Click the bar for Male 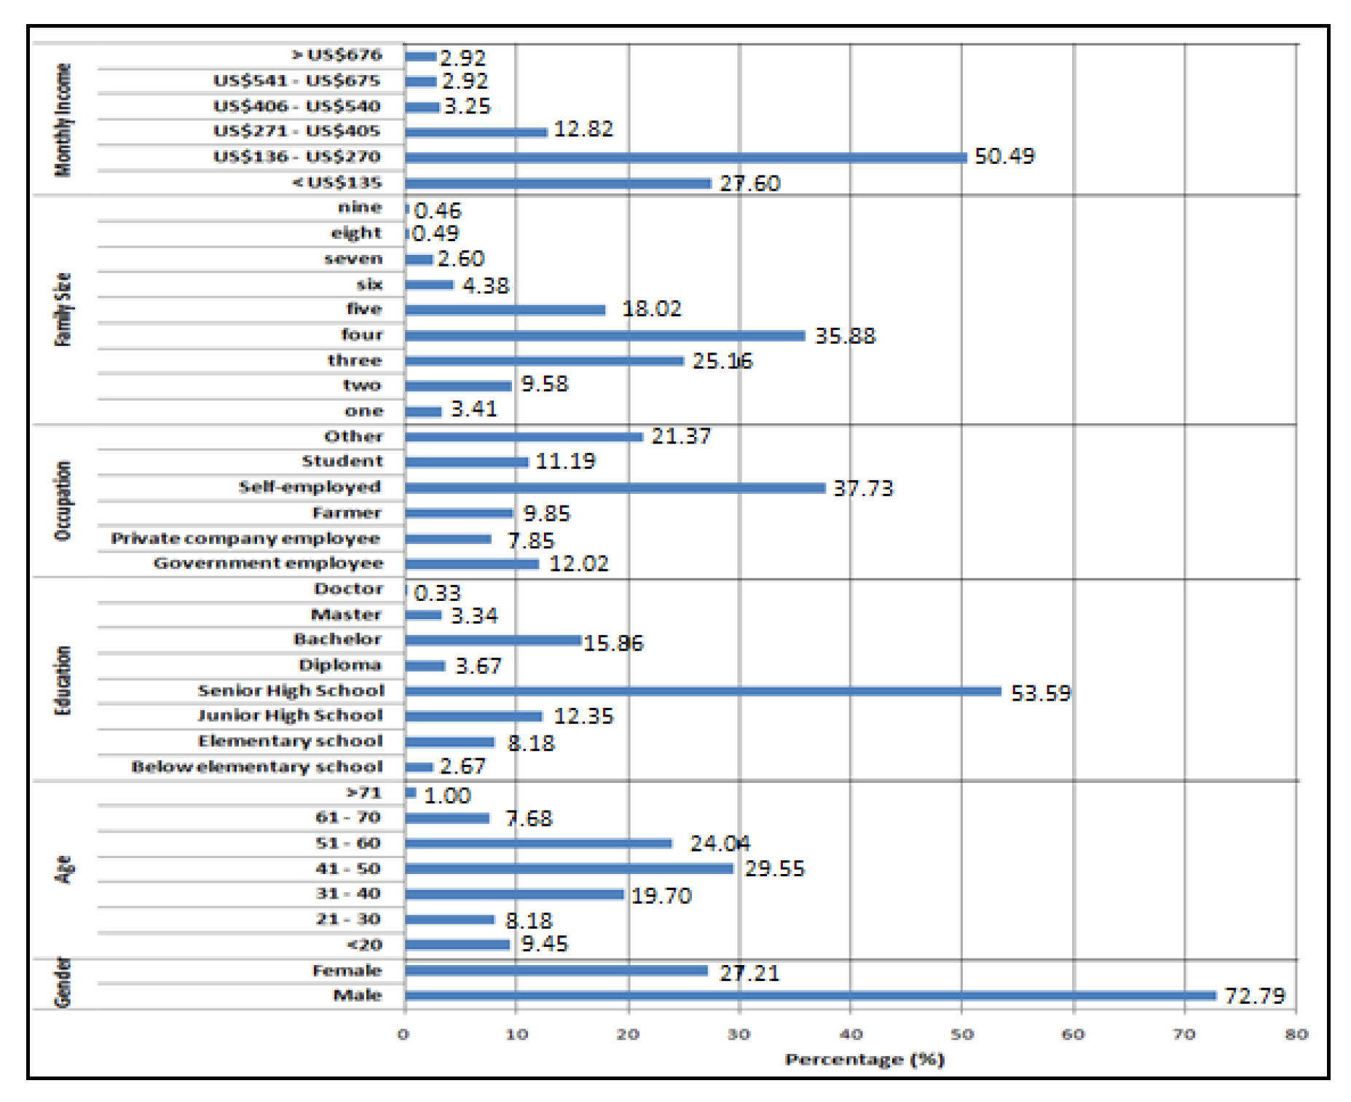(810, 996)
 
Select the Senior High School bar (703, 690)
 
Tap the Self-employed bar (615, 487)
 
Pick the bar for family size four (604, 335)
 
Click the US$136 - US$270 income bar (685, 157)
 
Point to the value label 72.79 (1254, 996)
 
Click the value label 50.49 (1004, 157)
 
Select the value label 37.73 (863, 488)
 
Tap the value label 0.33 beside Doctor (437, 593)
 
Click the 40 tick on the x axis (851, 1034)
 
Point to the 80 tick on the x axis (1296, 1034)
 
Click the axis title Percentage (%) (864, 1060)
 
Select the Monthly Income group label (63, 120)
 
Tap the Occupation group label (63, 501)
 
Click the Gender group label (63, 983)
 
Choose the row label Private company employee (245, 538)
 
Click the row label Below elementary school (256, 767)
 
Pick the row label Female (347, 970)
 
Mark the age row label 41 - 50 (347, 868)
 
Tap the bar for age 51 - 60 (538, 843)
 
